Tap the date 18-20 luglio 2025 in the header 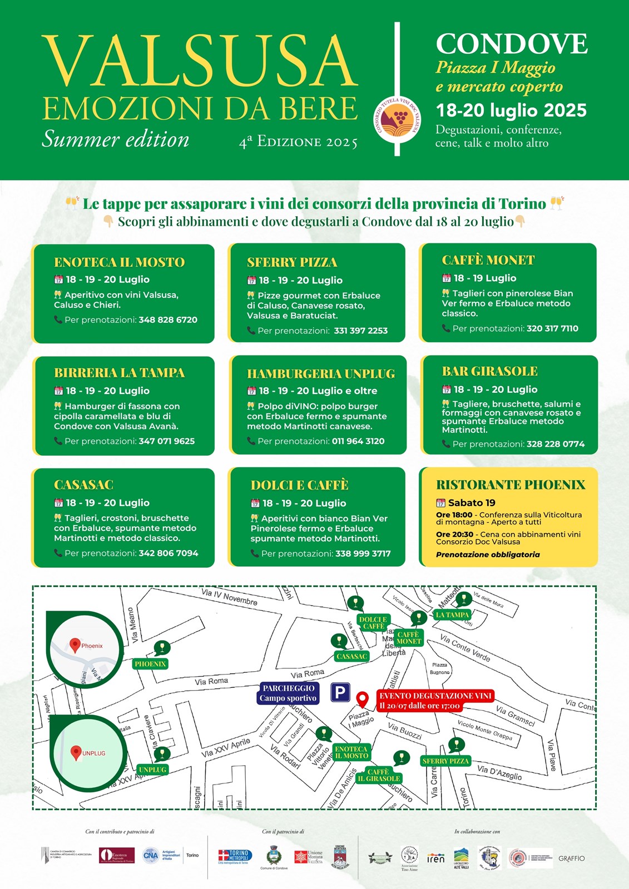(x=511, y=110)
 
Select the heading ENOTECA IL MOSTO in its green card (x=119, y=262)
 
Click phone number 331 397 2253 (x=360, y=331)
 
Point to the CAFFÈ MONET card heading (x=488, y=260)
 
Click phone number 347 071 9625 (x=166, y=441)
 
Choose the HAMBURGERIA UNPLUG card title (x=321, y=373)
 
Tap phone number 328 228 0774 (x=556, y=444)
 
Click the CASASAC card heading (x=83, y=485)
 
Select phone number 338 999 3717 (x=363, y=553)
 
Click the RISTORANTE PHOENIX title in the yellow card (x=511, y=485)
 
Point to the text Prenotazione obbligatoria (x=488, y=555)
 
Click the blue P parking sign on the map (x=340, y=692)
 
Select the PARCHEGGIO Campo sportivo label (x=288, y=693)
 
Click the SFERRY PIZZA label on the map (x=445, y=761)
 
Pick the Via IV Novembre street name (x=229, y=597)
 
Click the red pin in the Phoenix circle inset (x=75, y=645)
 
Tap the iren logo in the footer (x=436, y=858)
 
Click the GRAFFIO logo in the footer (x=572, y=858)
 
